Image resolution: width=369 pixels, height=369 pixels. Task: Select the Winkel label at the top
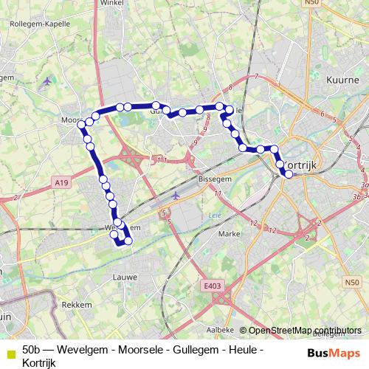pyautogui.click(x=109, y=2)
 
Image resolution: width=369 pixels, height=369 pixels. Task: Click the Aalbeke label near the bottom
pyautogui.click(x=220, y=329)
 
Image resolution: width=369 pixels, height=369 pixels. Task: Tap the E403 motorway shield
pyautogui.click(x=213, y=283)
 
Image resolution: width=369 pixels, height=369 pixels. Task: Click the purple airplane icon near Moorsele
pyautogui.click(x=48, y=80)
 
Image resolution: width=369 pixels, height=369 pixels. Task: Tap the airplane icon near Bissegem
pyautogui.click(x=175, y=196)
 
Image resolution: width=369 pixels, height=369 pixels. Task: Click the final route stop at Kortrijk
pyautogui.click(x=289, y=175)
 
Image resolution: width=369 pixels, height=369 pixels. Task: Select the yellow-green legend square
pyautogui.click(x=10, y=353)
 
